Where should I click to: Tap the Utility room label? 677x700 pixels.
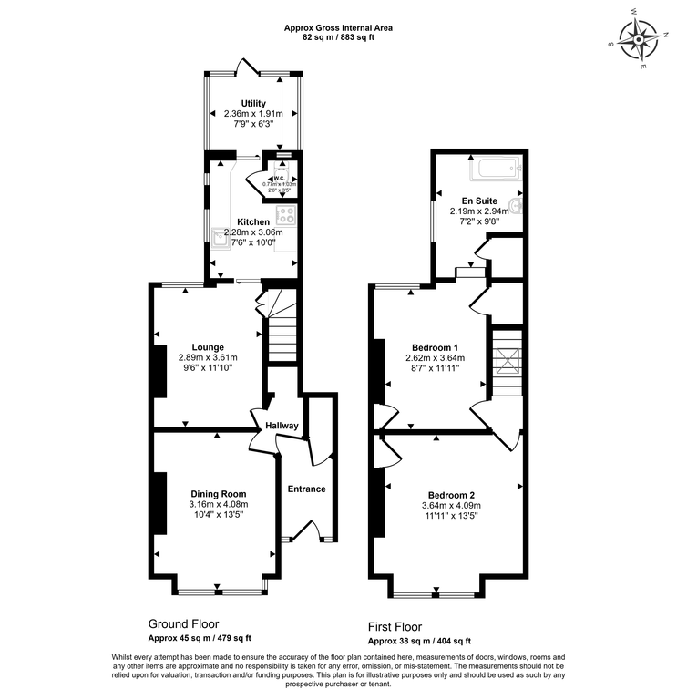point(253,104)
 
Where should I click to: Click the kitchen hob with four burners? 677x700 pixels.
point(287,216)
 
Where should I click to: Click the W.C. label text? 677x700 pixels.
point(281,179)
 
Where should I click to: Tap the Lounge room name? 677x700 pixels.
point(207,346)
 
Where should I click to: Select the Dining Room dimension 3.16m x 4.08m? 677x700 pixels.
point(218,505)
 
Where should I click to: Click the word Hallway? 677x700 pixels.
point(282,426)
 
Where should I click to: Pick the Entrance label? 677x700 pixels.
point(307,489)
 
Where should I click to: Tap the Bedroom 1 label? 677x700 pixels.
point(434,347)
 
